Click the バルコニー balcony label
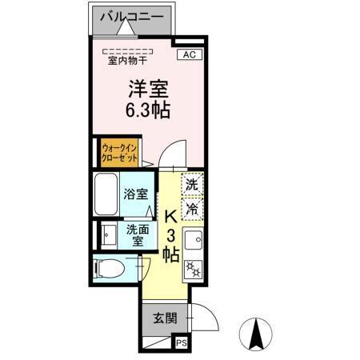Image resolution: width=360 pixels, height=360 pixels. (x=133, y=16)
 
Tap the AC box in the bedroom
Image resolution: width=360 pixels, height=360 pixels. (x=190, y=54)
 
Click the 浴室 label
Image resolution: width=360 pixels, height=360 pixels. (x=135, y=194)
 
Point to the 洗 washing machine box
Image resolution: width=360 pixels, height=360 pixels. (x=192, y=184)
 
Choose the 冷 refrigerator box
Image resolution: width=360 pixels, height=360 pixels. (x=192, y=209)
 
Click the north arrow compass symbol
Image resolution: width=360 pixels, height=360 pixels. (x=258, y=334)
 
